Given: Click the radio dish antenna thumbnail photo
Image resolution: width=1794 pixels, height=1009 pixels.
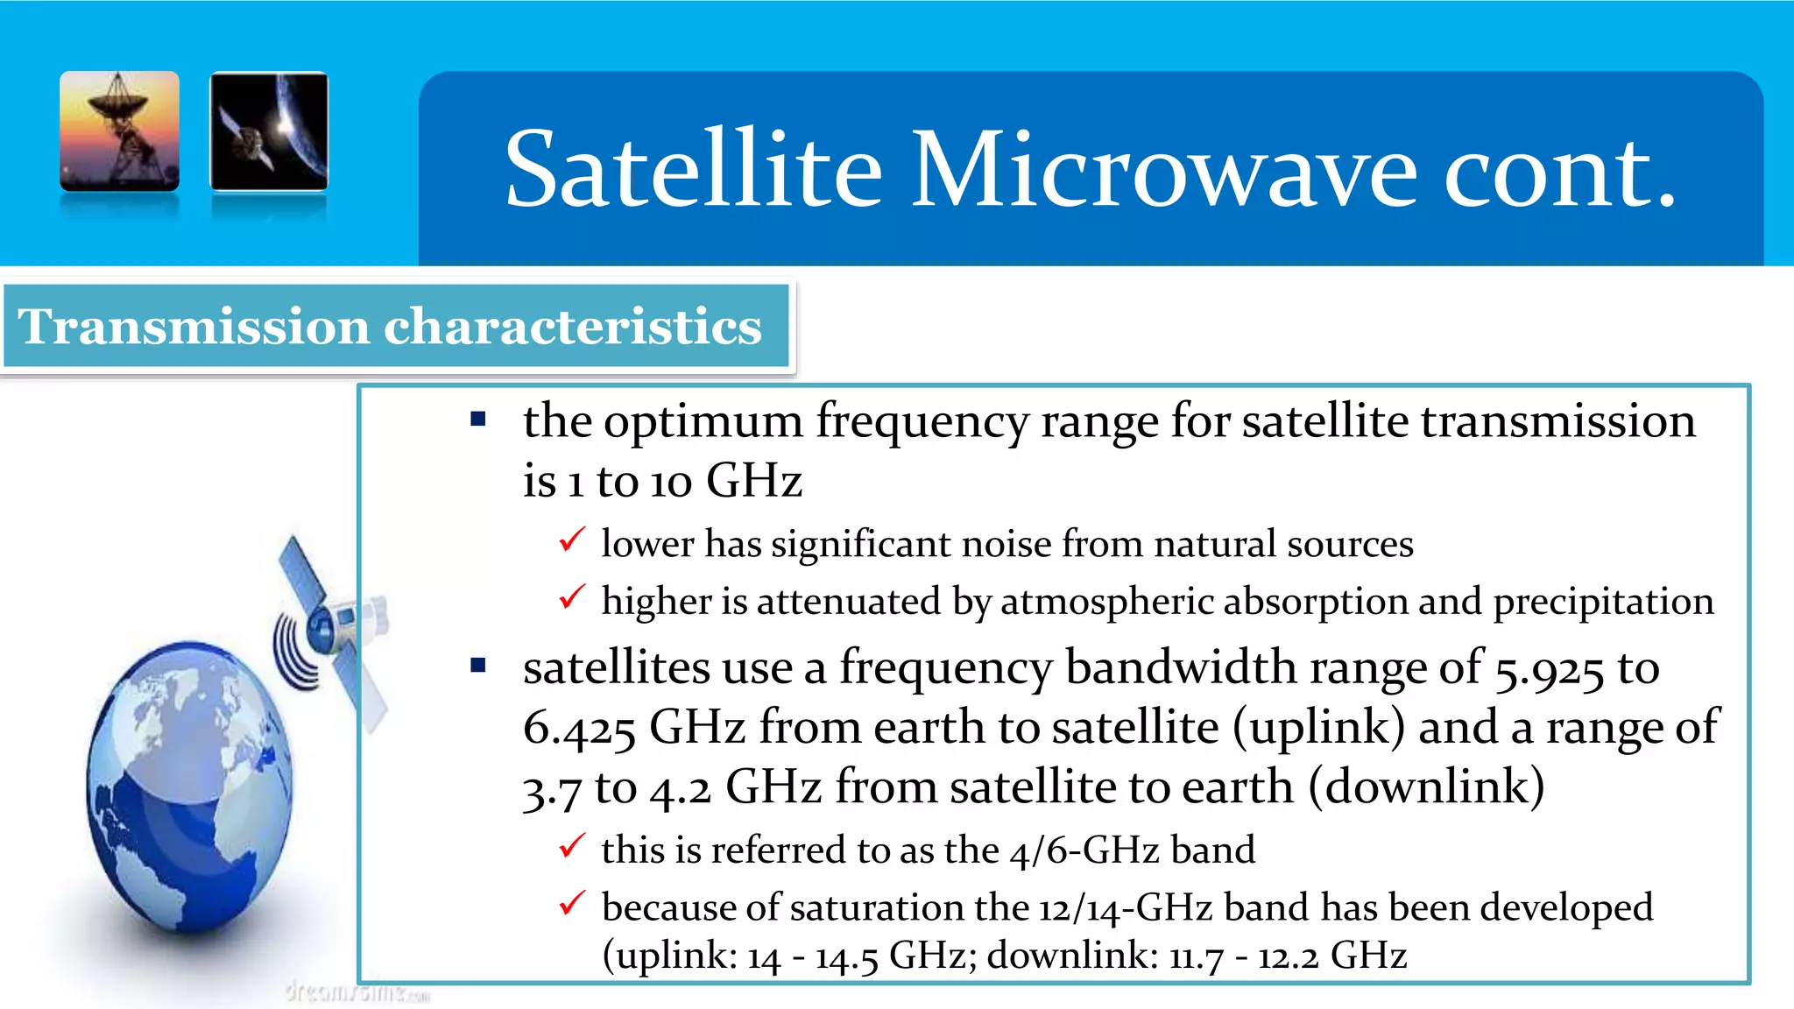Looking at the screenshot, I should coord(120,131).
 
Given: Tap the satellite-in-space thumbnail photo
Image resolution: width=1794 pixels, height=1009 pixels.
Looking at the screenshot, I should coord(269,131).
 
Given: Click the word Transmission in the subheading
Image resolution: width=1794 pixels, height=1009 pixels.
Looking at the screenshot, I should coord(194,327).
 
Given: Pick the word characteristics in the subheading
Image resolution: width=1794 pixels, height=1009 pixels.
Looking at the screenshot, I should coord(573,327).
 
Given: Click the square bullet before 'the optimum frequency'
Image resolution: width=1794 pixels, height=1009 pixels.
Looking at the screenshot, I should coord(478,420).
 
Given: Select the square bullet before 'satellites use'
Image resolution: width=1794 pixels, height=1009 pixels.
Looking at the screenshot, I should coord(478,666).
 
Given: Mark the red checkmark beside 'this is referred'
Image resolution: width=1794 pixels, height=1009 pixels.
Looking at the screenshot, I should coord(571,846).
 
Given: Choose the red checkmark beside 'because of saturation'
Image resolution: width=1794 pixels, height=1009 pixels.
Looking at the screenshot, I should coord(571,903).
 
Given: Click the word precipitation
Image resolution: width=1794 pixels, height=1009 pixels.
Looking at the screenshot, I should coord(1603,603).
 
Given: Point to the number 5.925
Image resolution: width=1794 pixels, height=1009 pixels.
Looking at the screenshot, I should coord(1549,670).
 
